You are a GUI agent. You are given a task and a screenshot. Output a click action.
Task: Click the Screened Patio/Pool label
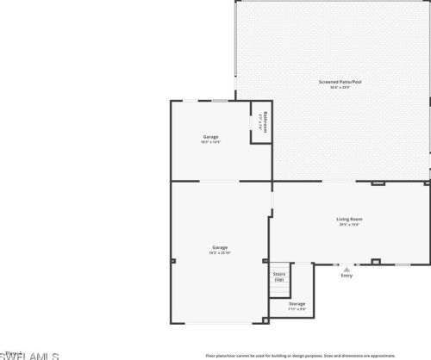coord(340,82)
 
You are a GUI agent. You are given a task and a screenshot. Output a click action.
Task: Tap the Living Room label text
coord(349,219)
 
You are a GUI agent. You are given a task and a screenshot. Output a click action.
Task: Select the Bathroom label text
coord(265,121)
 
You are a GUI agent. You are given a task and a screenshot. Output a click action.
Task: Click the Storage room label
coord(297,303)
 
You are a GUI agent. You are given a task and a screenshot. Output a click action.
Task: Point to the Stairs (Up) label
coord(279,276)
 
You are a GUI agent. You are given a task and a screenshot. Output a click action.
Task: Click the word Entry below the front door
coord(347,276)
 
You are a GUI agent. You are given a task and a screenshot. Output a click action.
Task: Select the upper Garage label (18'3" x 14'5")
coord(210,137)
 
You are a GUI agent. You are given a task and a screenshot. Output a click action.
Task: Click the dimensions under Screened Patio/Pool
coord(340,88)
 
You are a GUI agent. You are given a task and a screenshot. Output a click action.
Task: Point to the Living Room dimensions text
coord(349,225)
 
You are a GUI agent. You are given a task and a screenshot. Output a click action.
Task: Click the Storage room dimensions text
coord(297,309)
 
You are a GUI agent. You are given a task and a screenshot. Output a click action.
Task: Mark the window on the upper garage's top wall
coord(221,101)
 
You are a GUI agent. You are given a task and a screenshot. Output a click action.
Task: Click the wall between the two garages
coord(221,181)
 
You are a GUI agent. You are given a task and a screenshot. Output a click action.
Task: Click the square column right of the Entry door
coord(375,262)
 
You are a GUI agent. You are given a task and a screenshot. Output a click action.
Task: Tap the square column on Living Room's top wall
coord(378,183)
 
